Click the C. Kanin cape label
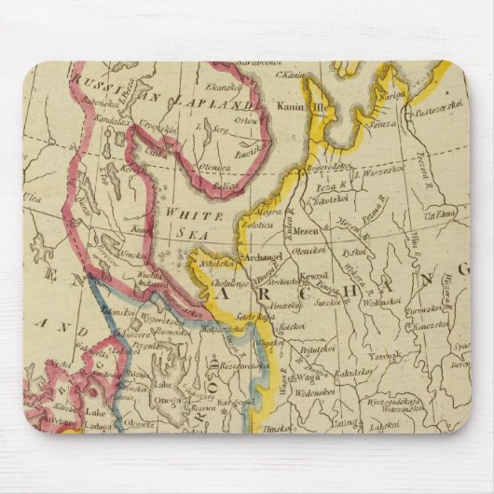click(294, 74)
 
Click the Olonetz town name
click(138, 421)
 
